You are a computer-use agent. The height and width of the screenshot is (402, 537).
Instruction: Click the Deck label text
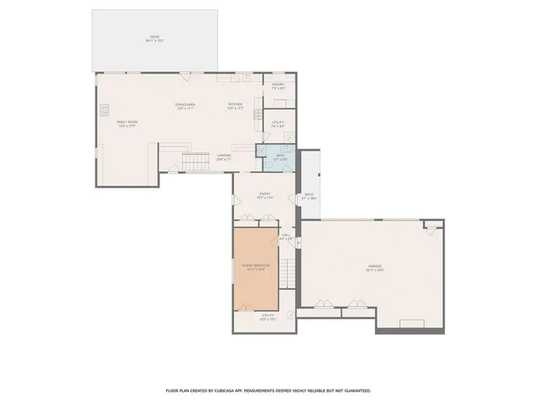tap(154, 37)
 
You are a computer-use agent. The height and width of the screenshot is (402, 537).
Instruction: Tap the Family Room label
tap(127, 122)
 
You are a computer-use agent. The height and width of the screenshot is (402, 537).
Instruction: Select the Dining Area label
tap(185, 105)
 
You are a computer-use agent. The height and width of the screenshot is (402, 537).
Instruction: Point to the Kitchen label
tap(236, 105)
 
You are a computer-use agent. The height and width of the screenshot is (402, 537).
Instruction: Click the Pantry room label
tap(279, 85)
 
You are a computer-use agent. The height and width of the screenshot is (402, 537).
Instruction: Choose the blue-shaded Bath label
tap(282, 155)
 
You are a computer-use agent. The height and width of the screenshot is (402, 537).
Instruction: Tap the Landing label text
tap(223, 156)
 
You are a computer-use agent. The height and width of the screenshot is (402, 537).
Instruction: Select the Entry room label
tap(264, 194)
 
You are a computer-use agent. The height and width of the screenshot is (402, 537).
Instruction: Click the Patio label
tap(309, 196)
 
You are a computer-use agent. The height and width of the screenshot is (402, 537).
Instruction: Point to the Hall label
tap(286, 235)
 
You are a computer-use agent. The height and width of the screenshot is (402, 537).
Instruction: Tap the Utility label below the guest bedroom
tap(268, 317)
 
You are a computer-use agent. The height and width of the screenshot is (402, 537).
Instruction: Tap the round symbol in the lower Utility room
tap(290, 314)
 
